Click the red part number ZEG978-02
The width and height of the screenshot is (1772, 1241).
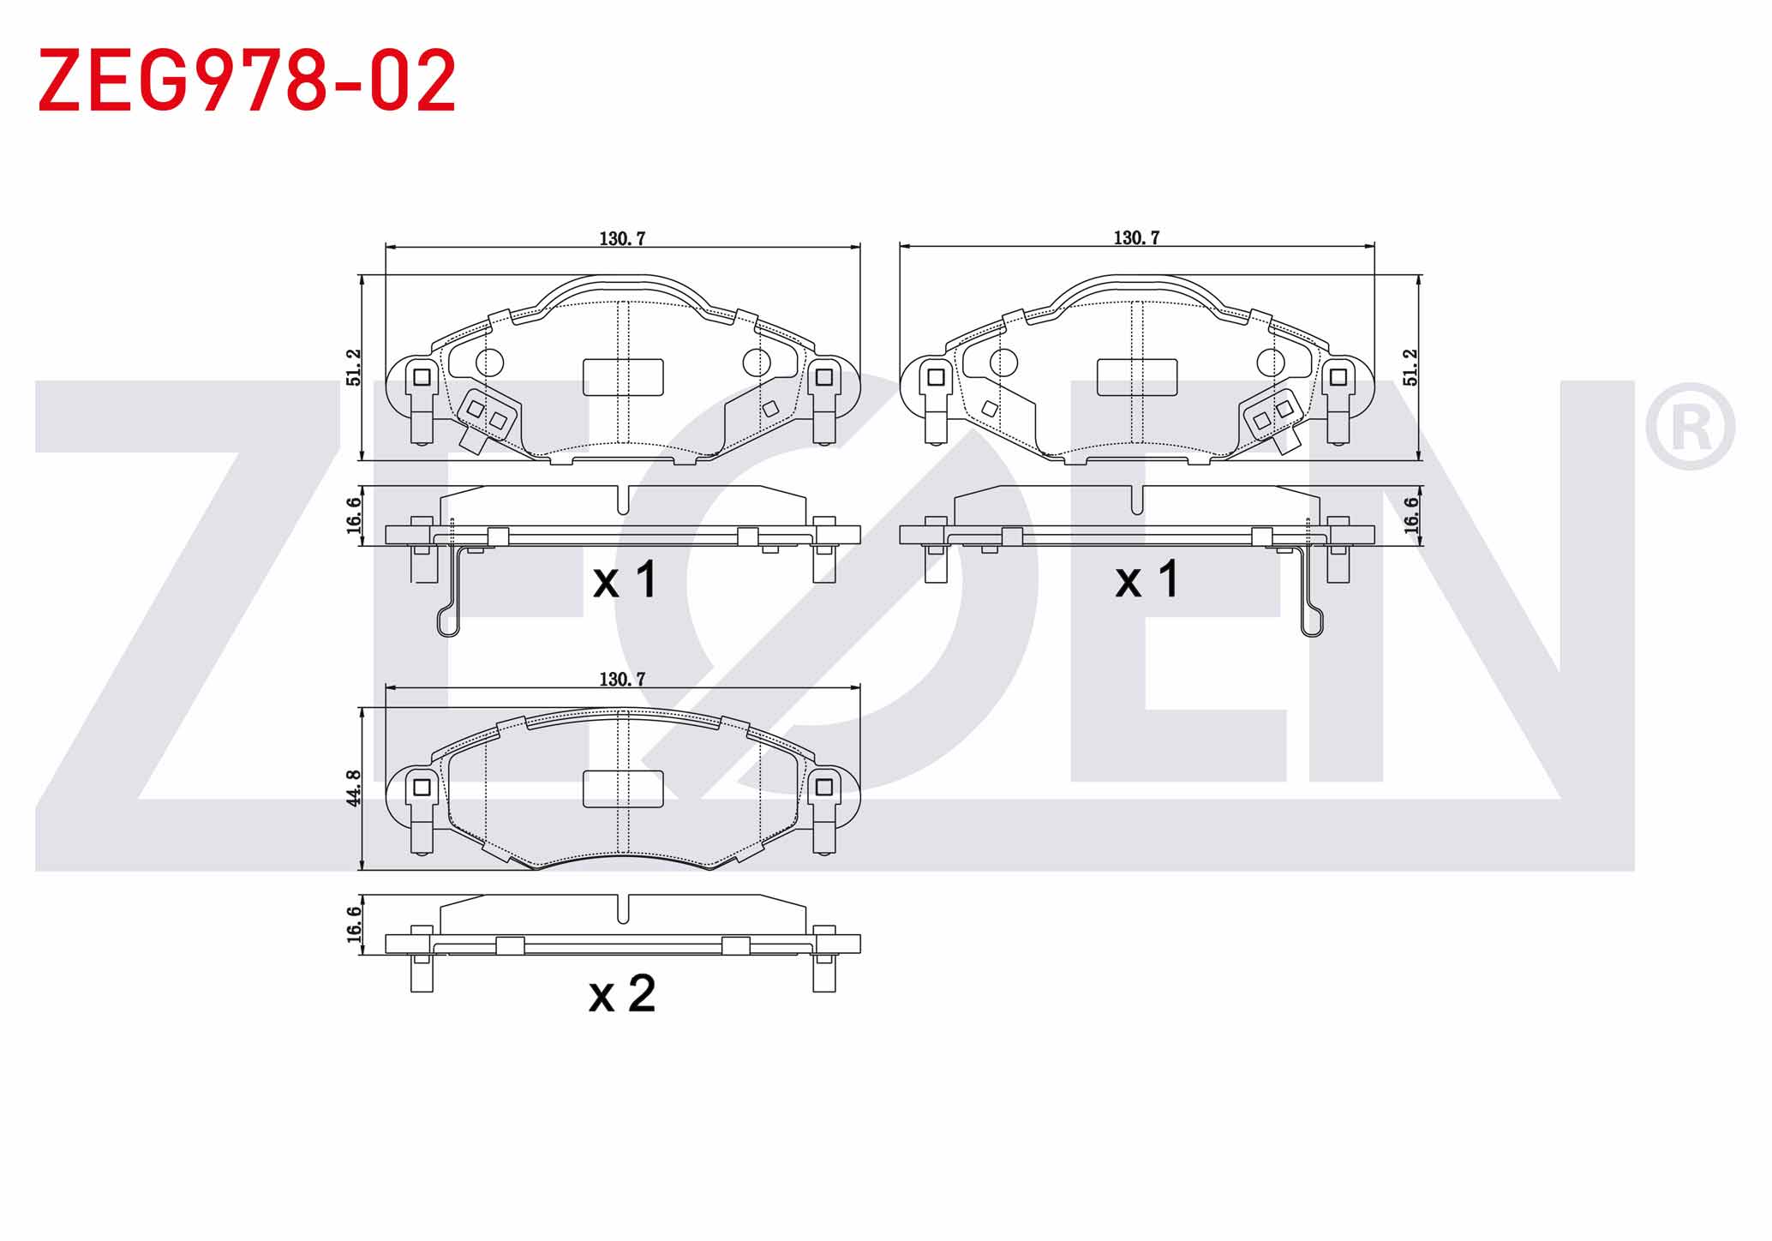(x=247, y=81)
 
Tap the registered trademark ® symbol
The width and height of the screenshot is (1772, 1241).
(x=1690, y=427)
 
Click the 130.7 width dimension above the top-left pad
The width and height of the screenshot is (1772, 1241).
(x=622, y=238)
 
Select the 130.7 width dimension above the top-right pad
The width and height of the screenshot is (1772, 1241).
(x=1136, y=237)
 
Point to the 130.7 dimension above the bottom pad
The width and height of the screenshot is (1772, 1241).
(x=622, y=679)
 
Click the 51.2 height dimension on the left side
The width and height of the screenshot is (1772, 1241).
(x=354, y=368)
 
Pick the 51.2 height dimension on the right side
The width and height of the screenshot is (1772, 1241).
(x=1410, y=367)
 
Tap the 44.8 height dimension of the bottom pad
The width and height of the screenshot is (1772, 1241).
(x=354, y=787)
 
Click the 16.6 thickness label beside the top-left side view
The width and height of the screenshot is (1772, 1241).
(x=354, y=515)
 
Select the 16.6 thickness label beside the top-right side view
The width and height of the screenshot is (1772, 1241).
(x=1410, y=515)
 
